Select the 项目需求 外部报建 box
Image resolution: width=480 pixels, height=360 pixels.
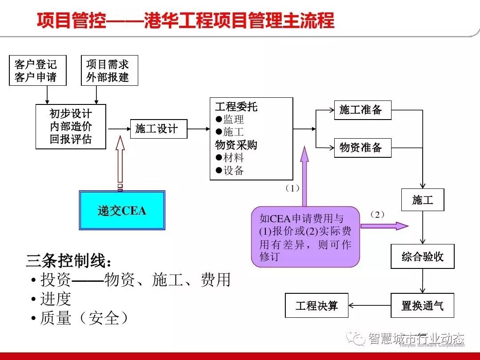coord(109,70)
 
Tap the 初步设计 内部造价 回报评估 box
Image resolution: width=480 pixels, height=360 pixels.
coord(71,127)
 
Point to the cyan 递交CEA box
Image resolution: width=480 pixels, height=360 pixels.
coord(122,210)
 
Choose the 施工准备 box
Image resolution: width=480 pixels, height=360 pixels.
coord(362,110)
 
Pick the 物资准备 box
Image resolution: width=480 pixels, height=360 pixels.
coord(362,148)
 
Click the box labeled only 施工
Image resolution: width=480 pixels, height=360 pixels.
coord(423,200)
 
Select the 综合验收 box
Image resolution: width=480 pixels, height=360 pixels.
coord(423,256)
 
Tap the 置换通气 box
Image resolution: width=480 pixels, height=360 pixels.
coord(423,305)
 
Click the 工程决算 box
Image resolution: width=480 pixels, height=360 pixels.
coord(316,305)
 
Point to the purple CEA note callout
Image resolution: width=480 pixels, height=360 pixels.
coord(305,237)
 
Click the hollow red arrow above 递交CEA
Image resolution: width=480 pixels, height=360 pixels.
coord(120,162)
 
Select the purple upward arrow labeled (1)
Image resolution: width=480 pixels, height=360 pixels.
coord(304,176)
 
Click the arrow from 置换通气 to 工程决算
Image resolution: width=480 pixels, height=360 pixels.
coord(370,305)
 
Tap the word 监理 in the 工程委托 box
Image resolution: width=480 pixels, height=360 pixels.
coord(234,120)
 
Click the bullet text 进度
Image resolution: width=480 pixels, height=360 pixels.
coord(56,299)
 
